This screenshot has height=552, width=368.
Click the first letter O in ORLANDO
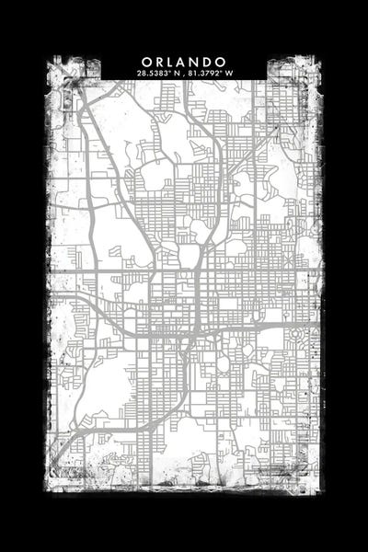tap(145, 61)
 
